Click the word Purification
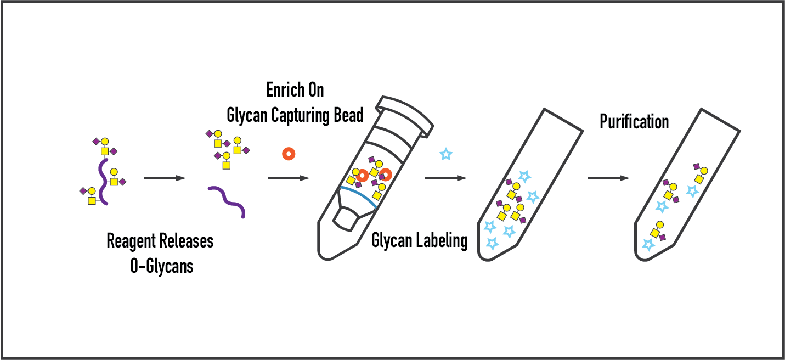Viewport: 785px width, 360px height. (634, 121)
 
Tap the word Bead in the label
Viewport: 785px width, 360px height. (349, 115)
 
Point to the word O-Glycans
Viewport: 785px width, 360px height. (161, 267)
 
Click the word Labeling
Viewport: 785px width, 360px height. (443, 240)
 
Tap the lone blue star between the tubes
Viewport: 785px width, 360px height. (445, 155)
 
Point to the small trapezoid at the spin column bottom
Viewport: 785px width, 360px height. (347, 219)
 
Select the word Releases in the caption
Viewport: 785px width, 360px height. (188, 241)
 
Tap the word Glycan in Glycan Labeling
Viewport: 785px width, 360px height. (391, 240)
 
